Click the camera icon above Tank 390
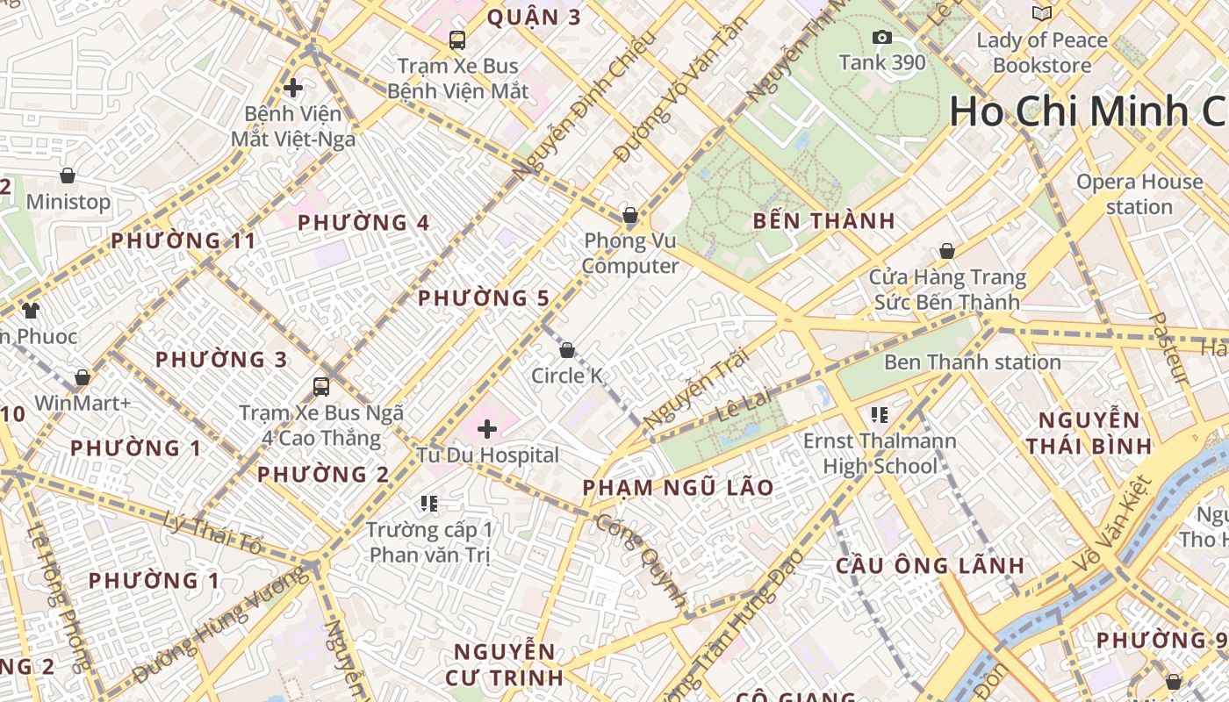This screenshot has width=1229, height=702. click(882, 37)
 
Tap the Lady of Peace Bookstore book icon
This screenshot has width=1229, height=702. click(1042, 14)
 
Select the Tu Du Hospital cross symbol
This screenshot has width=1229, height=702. click(487, 429)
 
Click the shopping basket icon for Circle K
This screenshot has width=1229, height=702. click(567, 350)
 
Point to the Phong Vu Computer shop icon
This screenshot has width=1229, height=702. click(629, 215)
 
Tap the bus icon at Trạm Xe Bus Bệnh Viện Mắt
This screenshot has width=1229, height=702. click(456, 39)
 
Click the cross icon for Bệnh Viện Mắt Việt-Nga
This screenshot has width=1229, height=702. click(293, 88)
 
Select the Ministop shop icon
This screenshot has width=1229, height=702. click(68, 176)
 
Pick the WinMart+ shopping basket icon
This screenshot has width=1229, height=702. click(83, 377)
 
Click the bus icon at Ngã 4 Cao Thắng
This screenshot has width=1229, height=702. click(321, 386)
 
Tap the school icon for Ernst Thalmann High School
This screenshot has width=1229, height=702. click(880, 414)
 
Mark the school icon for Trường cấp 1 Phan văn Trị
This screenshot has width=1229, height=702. click(429, 503)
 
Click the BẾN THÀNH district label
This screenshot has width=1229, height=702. click(823, 221)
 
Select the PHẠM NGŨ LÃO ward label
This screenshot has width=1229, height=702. click(679, 488)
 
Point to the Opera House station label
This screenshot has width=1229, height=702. click(1139, 194)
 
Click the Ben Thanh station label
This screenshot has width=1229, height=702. click(972, 362)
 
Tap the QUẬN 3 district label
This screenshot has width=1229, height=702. click(534, 18)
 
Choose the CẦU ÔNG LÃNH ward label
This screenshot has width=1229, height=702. click(930, 565)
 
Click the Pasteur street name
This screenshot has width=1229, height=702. click(1169, 348)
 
